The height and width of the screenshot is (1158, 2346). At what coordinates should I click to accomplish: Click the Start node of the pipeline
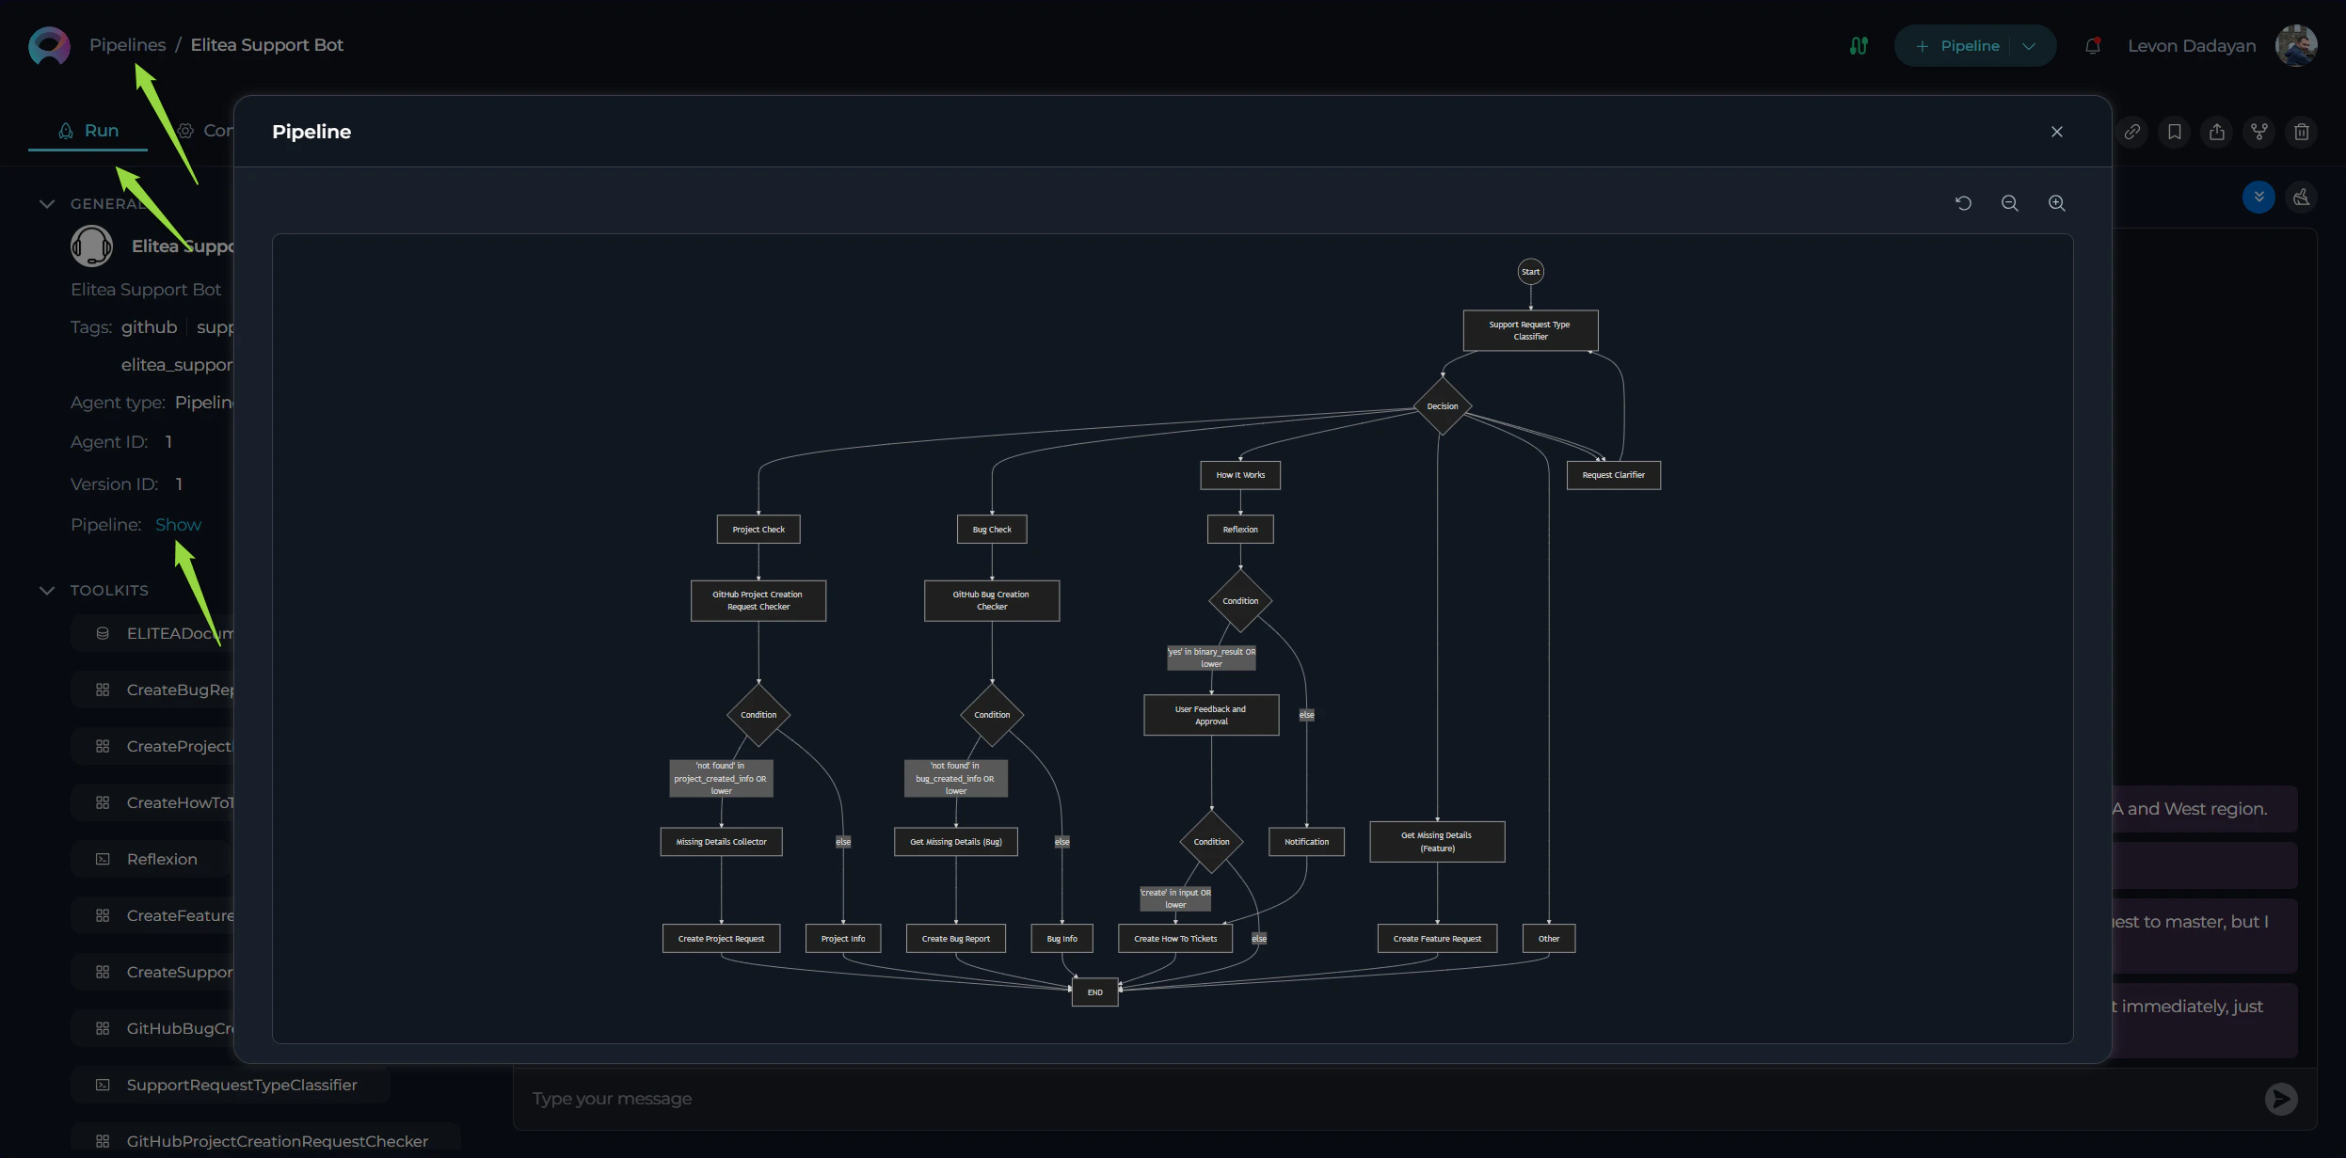[1530, 272]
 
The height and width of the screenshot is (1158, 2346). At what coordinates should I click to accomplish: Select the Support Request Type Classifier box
[1530, 330]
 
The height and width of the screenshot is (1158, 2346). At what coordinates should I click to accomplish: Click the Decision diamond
[1442, 406]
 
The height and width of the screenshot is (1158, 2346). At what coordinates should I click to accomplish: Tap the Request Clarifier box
[1613, 475]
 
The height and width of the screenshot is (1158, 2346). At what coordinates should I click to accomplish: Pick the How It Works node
[1239, 475]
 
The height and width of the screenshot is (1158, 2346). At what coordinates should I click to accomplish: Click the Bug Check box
[992, 530]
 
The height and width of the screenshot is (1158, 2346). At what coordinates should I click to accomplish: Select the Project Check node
[758, 530]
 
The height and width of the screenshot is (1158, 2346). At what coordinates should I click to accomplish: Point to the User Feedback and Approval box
[1210, 715]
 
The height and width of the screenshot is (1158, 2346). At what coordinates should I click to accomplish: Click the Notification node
[1306, 842]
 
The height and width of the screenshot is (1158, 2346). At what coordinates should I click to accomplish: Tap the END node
[1094, 992]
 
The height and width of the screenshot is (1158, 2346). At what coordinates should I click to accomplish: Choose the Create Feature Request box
[1437, 939]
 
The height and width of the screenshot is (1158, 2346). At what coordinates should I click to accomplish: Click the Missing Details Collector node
[721, 842]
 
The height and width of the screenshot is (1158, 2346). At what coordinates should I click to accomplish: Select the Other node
[1548, 939]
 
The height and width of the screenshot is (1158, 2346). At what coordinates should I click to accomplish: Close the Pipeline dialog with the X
[2056, 132]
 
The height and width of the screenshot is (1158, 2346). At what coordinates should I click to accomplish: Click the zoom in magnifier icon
[2056, 203]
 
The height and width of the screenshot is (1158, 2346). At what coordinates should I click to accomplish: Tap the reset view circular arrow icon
[1963, 203]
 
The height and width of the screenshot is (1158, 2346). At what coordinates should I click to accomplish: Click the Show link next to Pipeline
[178, 525]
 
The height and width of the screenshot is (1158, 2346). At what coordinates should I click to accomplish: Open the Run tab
[88, 131]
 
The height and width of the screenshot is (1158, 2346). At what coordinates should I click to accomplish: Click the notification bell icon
[2092, 46]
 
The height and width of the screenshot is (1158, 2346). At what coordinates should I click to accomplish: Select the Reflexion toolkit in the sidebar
[161, 859]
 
